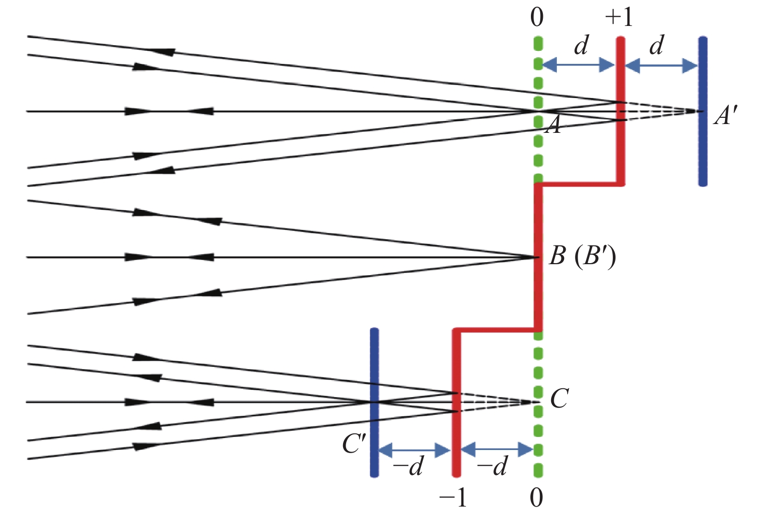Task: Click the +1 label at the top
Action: pyautogui.click(x=619, y=17)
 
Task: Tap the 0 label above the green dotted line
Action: pyautogui.click(x=537, y=17)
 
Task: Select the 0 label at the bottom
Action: pyautogui.click(x=537, y=498)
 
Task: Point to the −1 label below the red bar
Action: pyautogui.click(x=453, y=498)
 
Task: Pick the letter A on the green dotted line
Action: pyautogui.click(x=554, y=125)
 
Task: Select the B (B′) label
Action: pyautogui.click(x=582, y=256)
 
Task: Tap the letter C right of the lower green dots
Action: pyautogui.click(x=559, y=399)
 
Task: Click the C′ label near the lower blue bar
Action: pyautogui.click(x=354, y=444)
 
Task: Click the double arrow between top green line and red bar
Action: pyautogui.click(x=578, y=65)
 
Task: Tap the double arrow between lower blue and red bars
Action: pyautogui.click(x=414, y=450)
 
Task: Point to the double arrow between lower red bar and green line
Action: pyautogui.click(x=497, y=449)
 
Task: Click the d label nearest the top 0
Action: pyautogui.click(x=581, y=46)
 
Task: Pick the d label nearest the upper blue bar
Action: pyautogui.click(x=656, y=46)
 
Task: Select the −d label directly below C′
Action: pyautogui.click(x=408, y=467)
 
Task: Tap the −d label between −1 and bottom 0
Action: pyautogui.click(x=491, y=467)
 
